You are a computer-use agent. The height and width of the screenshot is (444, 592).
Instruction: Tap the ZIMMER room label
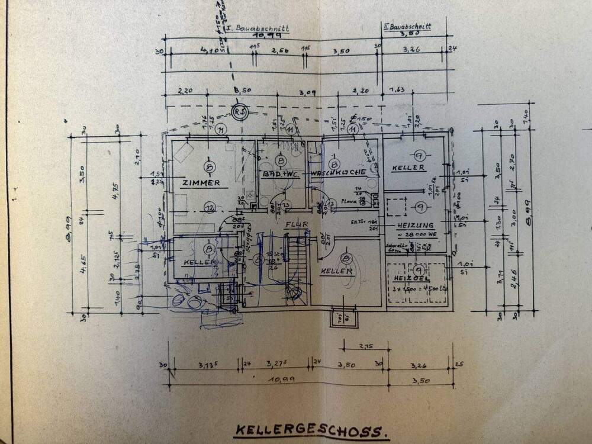[201, 183]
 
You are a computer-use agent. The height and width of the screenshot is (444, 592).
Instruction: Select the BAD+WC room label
[281, 174]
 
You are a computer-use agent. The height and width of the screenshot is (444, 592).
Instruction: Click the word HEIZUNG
[416, 226]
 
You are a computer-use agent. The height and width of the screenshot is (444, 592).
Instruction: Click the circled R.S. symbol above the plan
[239, 112]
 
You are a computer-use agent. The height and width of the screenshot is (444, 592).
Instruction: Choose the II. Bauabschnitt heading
[407, 26]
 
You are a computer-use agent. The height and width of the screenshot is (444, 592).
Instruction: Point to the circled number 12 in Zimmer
[209, 207]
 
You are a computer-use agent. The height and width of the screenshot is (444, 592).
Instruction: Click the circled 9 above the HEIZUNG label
[420, 207]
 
